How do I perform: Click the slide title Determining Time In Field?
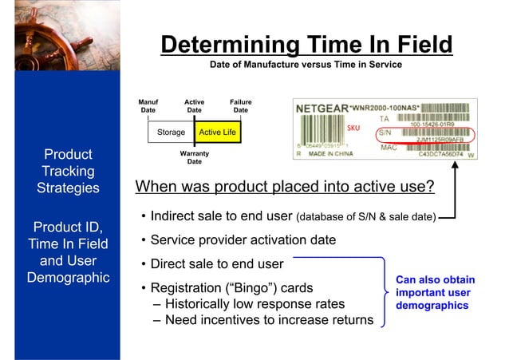point(306,45)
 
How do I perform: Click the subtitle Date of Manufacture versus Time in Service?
point(306,64)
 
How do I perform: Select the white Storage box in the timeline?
point(171,132)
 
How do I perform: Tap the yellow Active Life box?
point(217,132)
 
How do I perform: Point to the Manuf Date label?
point(148,106)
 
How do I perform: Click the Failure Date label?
point(240,106)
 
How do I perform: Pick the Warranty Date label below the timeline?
point(195,156)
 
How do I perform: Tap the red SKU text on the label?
point(354,128)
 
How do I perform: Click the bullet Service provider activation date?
point(243,239)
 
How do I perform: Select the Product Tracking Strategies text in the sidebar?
point(68,171)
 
